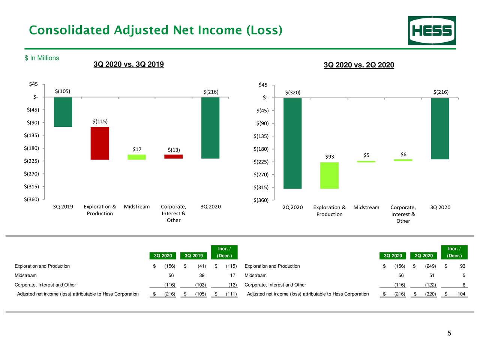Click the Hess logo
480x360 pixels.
[x=432, y=30]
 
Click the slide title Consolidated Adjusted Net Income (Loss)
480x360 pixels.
[x=156, y=30]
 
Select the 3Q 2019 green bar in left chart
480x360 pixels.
[x=63, y=112]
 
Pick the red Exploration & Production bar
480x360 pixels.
[x=100, y=143]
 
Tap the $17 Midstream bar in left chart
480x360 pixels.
[x=136, y=157]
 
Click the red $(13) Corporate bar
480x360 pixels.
[x=173, y=156]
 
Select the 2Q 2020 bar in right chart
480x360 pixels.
[x=292, y=143]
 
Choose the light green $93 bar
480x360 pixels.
[x=329, y=175]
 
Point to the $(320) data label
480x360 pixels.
[x=292, y=93]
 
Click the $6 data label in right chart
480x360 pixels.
[x=403, y=154]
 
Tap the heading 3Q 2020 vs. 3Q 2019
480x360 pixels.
[x=129, y=64]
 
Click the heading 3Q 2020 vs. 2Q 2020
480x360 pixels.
[x=359, y=65]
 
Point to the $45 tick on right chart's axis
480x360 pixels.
[x=263, y=85]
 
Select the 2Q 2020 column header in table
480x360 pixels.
[x=423, y=256]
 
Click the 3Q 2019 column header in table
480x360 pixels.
[x=193, y=256]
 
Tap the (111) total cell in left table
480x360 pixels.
[x=231, y=294]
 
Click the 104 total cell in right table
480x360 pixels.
[x=461, y=294]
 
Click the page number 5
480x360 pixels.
[x=449, y=333]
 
